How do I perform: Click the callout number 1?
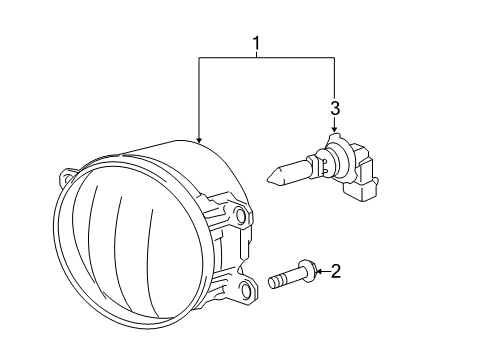point(257,44)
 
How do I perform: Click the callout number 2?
point(337,270)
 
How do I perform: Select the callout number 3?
point(336,107)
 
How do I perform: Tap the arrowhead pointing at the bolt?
point(319,270)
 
